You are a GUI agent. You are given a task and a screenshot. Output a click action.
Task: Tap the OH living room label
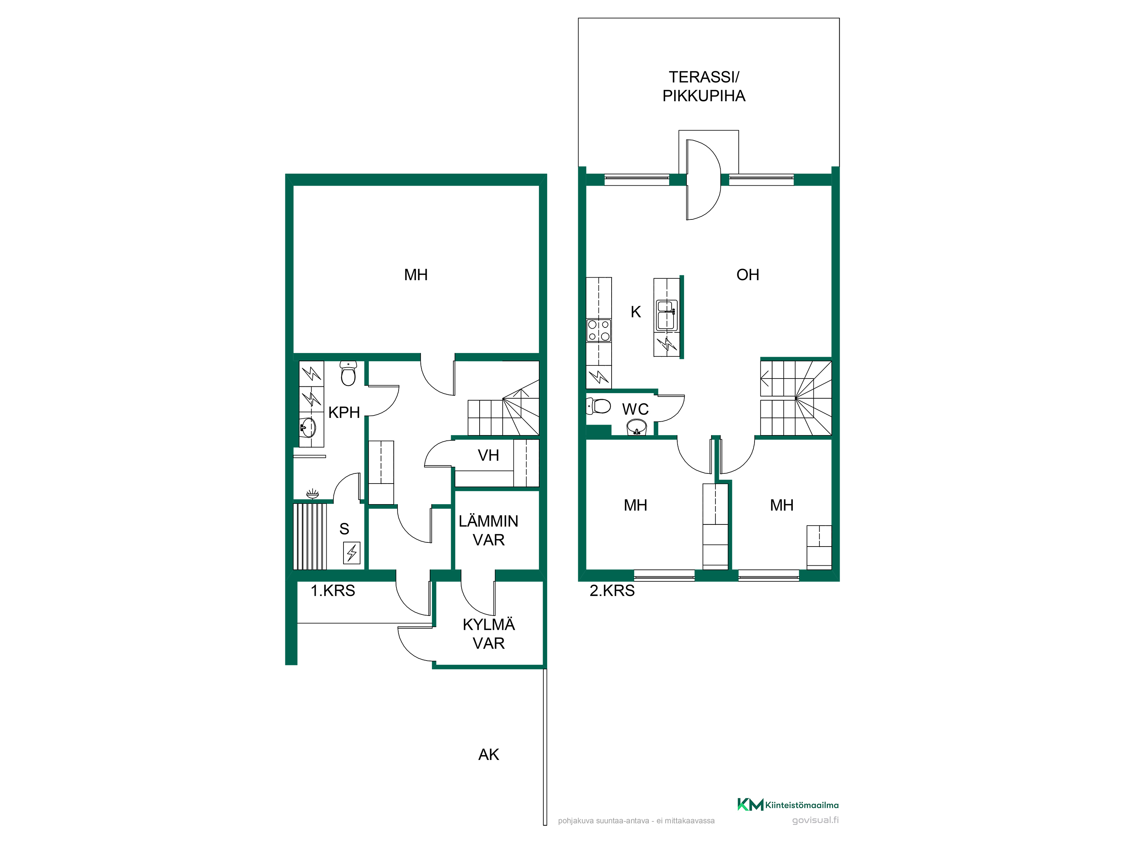(748, 275)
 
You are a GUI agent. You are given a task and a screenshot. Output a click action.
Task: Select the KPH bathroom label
(344, 412)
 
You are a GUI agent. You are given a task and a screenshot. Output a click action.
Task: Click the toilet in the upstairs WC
(598, 406)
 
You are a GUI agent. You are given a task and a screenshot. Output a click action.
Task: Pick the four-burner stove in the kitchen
(598, 330)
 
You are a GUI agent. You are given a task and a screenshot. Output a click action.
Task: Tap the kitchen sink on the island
(666, 315)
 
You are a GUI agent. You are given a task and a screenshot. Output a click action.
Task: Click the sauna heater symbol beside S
(351, 553)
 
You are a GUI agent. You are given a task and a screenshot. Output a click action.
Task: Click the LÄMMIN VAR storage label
(488, 530)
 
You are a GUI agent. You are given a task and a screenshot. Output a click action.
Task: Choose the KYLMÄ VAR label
(488, 634)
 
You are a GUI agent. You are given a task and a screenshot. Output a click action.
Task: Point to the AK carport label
(488, 754)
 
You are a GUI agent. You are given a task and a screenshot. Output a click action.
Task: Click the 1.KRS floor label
(333, 591)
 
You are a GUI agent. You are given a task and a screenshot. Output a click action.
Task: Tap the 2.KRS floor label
(612, 591)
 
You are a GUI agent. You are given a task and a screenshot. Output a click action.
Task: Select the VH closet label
(488, 455)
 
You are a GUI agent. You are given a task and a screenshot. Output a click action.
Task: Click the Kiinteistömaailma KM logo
(788, 804)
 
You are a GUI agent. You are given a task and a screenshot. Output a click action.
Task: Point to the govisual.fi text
(815, 820)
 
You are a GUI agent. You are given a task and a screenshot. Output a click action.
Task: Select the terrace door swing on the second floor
(703, 180)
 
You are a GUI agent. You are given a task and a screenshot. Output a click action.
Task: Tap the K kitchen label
(636, 312)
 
